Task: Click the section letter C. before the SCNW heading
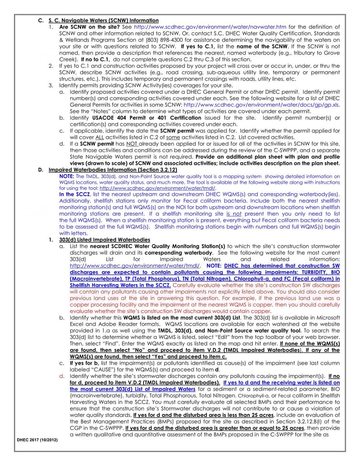pyautogui.click(x=40, y=20)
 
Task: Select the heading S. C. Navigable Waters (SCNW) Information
pyautogui.click(x=103, y=20)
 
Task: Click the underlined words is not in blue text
pyautogui.click(x=234, y=213)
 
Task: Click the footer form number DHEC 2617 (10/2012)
pyautogui.click(x=37, y=438)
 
